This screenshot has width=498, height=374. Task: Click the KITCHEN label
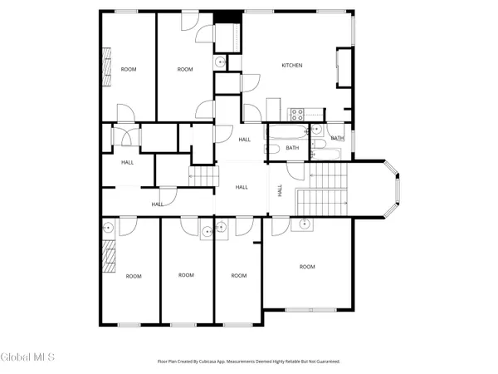point(291,66)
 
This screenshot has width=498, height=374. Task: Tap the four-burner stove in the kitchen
point(295,115)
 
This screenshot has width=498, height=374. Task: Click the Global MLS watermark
point(27,358)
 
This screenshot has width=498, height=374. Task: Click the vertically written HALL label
point(280,190)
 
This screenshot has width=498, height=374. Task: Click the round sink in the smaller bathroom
point(316,130)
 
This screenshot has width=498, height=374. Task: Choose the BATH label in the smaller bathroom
point(337,139)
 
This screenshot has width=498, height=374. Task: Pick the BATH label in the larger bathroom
point(292,148)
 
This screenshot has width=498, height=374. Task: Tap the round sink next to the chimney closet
point(221,62)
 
